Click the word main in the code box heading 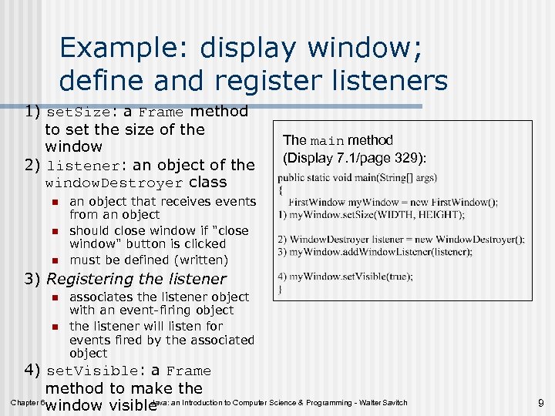327,141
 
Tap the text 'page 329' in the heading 388,158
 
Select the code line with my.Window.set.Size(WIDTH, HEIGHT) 372,213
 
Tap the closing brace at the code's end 281,288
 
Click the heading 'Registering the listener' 136,279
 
